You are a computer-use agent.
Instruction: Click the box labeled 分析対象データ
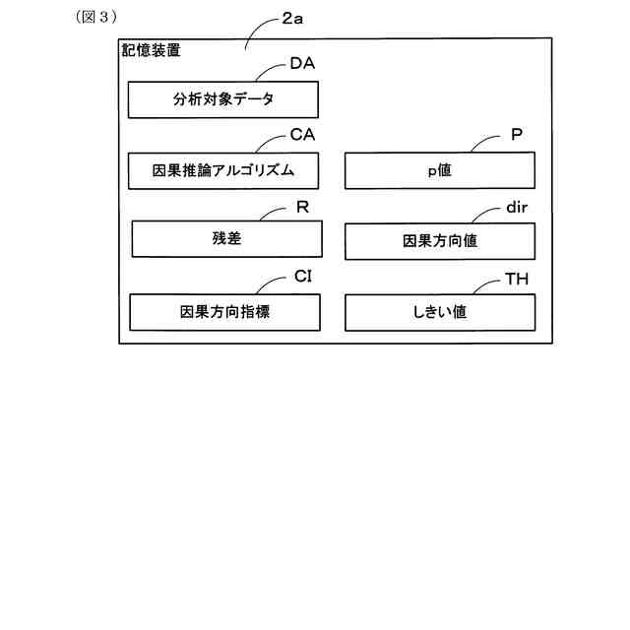(x=222, y=99)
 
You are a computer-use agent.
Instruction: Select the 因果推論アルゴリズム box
(x=224, y=170)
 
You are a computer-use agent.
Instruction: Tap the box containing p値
(x=439, y=170)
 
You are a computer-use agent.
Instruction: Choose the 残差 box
(x=226, y=239)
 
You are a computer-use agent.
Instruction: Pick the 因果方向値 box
(x=439, y=240)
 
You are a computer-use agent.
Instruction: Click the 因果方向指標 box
(x=224, y=312)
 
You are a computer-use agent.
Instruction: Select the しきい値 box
(x=439, y=312)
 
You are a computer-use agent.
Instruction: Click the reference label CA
(x=302, y=135)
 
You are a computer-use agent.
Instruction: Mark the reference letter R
(x=303, y=207)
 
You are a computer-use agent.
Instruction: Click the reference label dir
(x=518, y=208)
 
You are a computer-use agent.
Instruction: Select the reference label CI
(x=303, y=279)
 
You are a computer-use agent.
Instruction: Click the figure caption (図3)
(x=96, y=17)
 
